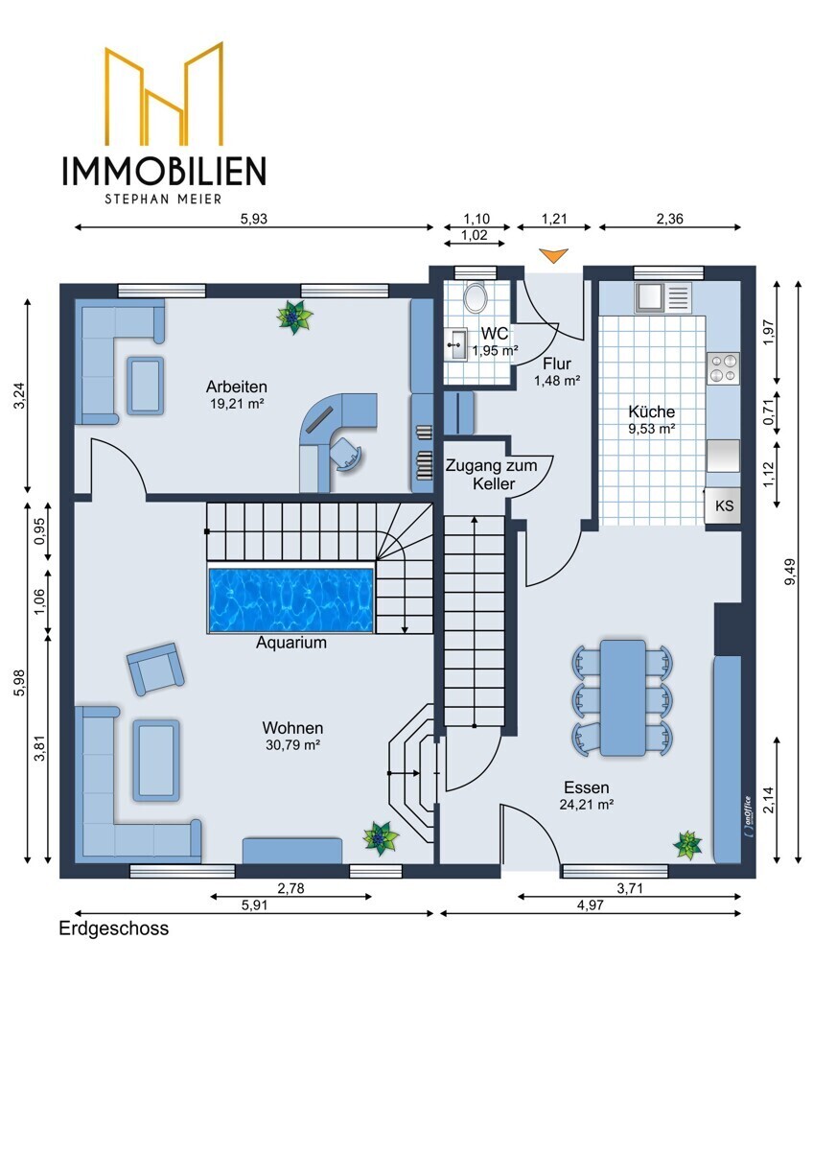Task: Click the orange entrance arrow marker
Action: click(553, 255)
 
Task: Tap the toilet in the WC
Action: click(476, 297)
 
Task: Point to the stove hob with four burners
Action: click(723, 368)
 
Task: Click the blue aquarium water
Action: click(290, 600)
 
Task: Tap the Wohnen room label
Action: click(292, 728)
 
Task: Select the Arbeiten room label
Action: click(236, 387)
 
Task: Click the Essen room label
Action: click(587, 787)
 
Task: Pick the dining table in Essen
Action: click(623, 697)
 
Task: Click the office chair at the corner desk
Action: click(345, 452)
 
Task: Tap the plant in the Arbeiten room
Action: click(294, 317)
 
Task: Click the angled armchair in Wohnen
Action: click(155, 669)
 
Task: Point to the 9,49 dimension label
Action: click(790, 571)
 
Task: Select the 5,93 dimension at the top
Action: click(254, 219)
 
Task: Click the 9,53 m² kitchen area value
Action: click(651, 429)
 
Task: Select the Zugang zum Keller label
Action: click(492, 474)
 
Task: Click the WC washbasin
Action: click(457, 344)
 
